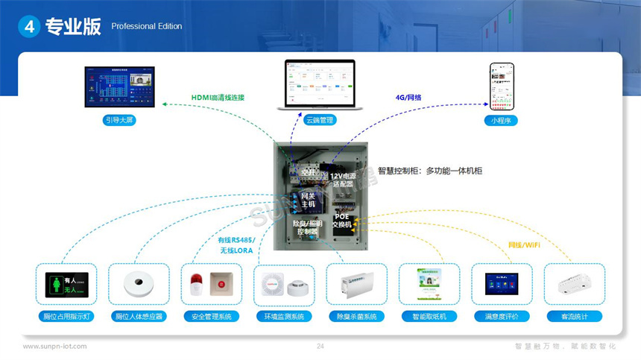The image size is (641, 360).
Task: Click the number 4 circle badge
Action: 29,26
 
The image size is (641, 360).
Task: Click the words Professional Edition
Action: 146,27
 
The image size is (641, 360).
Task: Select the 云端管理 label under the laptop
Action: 320,119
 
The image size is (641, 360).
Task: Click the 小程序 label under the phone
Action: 501,119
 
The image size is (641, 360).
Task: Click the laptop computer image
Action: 320,84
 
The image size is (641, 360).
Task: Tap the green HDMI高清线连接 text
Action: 218,98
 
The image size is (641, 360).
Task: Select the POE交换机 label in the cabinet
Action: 347,220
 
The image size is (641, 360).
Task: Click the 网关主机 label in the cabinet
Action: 308,200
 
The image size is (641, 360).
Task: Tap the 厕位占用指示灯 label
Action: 66,316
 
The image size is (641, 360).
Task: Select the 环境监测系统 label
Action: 284,316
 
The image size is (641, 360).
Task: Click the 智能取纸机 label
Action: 429,316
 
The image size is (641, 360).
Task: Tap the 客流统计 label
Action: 574,316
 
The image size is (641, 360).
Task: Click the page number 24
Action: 320,347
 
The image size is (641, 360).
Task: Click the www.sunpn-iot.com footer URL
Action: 54,347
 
